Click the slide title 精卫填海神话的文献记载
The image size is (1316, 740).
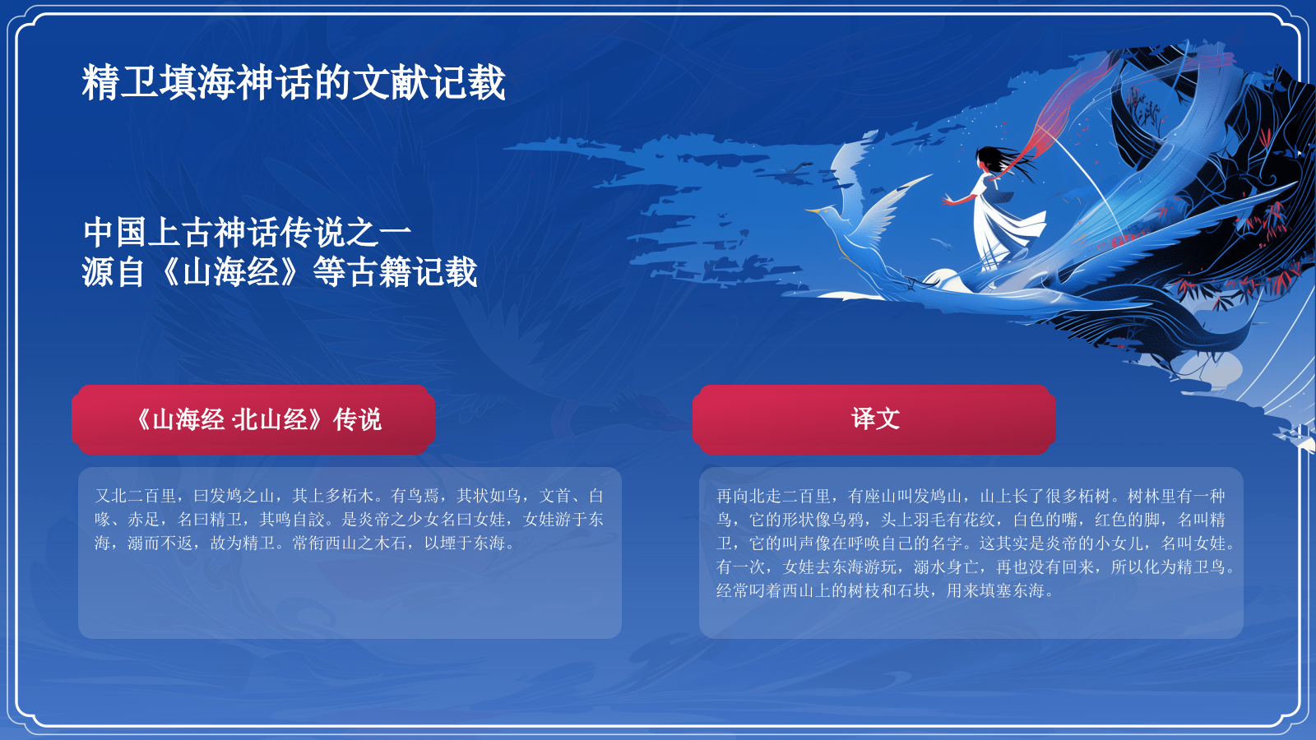(x=293, y=83)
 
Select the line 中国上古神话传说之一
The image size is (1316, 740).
(x=247, y=233)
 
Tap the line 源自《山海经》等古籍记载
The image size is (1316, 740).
(x=280, y=272)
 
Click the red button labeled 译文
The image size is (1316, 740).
(x=873, y=419)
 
